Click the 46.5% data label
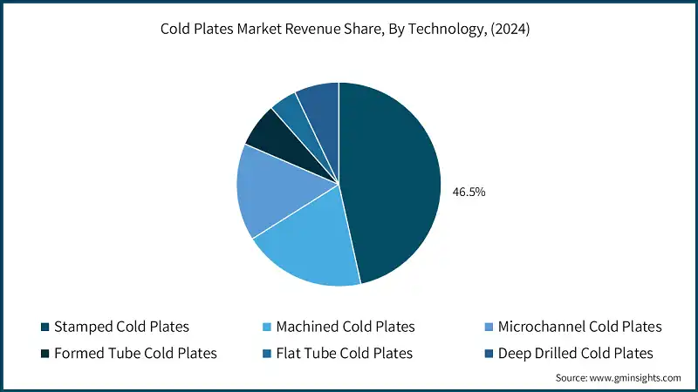468,192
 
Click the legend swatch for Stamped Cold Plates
44,328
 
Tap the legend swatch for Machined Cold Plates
266,328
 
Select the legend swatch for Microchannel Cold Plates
489,328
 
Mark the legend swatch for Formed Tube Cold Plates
44,354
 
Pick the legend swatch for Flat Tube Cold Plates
266,354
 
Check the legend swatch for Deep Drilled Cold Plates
489,354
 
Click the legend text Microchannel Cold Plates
579,328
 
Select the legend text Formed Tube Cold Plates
135,354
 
